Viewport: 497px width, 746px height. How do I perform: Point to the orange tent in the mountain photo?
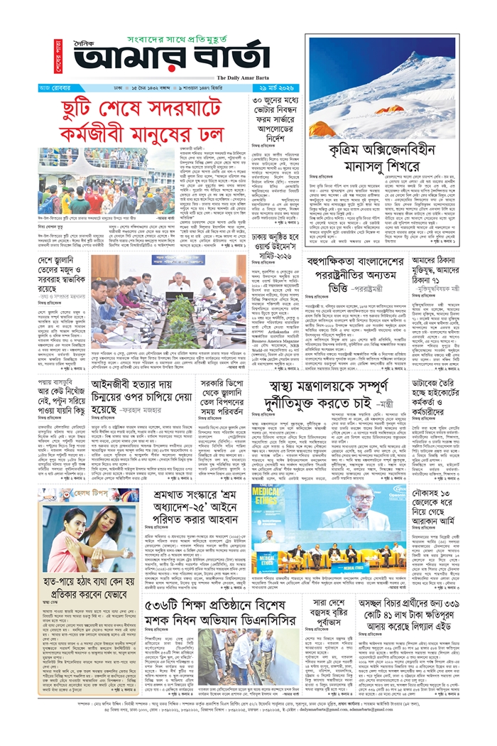pos(390,109)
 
